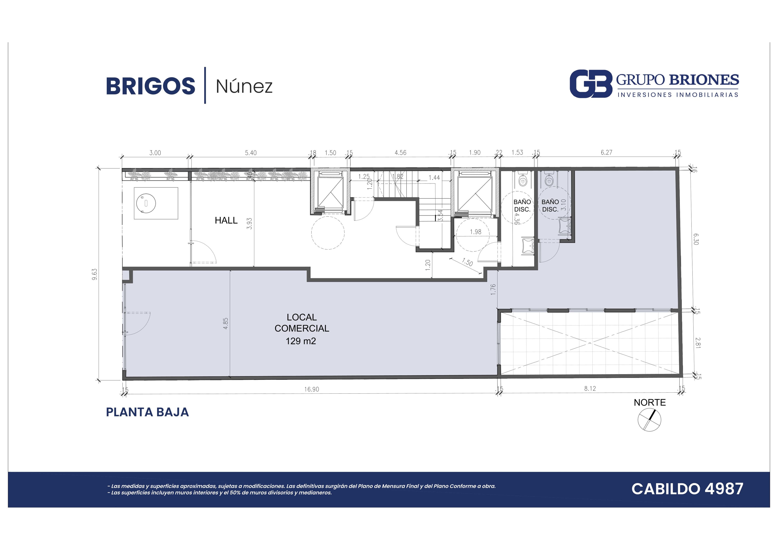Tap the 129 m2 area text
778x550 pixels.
pyautogui.click(x=301, y=341)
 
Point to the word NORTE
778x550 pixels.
pyautogui.click(x=650, y=402)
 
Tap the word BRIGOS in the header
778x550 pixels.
pyautogui.click(x=151, y=86)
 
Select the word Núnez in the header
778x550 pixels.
pyautogui.click(x=244, y=86)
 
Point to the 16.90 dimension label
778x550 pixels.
pyautogui.click(x=311, y=389)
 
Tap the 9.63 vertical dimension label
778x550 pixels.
pyautogui.click(x=95, y=274)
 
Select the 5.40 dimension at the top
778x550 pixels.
pyautogui.click(x=251, y=153)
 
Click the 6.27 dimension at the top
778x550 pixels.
pyautogui.click(x=607, y=153)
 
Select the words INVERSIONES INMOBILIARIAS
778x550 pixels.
pyautogui.click(x=678, y=95)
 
